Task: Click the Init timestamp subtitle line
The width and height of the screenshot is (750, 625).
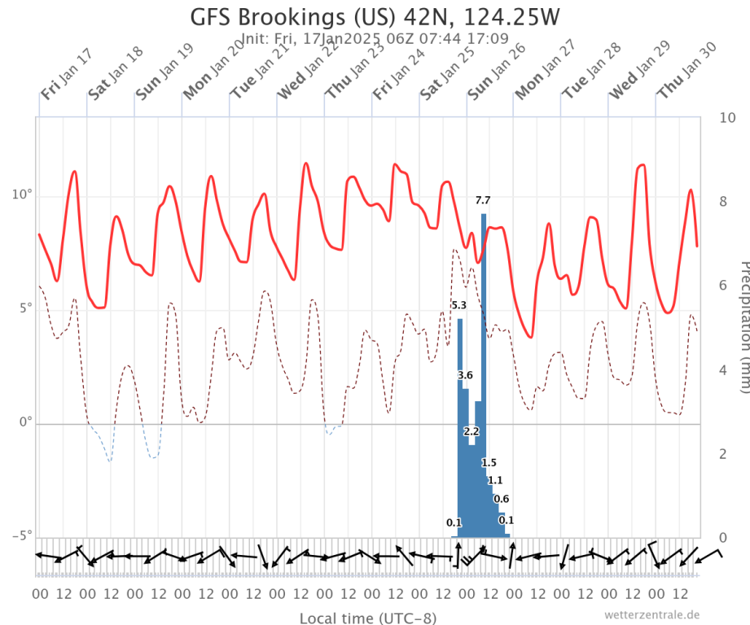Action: (375, 37)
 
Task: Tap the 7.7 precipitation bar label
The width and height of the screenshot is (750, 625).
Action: (483, 200)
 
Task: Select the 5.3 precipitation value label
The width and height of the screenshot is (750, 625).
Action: (458, 305)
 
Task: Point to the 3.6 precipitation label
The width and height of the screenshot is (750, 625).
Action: (465, 375)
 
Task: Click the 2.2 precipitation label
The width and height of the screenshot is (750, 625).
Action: (471, 431)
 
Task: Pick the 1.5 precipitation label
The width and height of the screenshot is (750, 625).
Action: (489, 462)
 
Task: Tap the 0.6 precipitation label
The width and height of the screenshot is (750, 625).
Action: (502, 499)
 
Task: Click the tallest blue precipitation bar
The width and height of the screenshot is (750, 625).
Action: (484, 366)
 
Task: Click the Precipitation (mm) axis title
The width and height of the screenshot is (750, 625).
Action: (742, 326)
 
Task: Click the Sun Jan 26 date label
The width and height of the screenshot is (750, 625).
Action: (497, 72)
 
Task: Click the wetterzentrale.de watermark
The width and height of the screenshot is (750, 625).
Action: (651, 614)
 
